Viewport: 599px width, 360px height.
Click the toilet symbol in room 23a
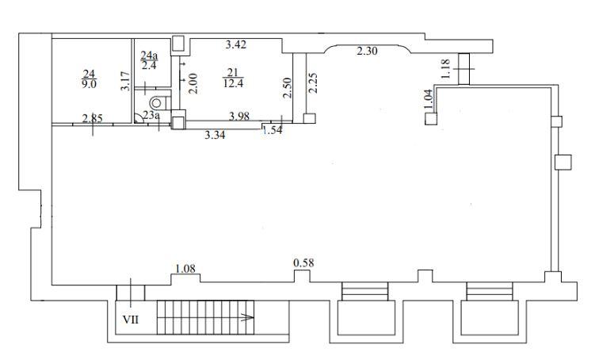(x=159, y=102)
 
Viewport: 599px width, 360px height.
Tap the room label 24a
(x=149, y=56)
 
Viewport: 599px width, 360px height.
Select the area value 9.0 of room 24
(x=89, y=83)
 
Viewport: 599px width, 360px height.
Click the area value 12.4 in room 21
(x=233, y=83)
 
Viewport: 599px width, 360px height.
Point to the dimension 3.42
(x=235, y=44)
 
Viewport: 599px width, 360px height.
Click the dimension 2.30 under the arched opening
(x=367, y=51)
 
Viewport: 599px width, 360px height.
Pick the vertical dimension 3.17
(x=125, y=82)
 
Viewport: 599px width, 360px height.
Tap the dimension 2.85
(x=93, y=118)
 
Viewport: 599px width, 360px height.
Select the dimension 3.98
(x=239, y=116)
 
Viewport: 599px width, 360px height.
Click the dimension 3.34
(x=215, y=135)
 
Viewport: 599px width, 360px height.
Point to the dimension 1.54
(x=273, y=130)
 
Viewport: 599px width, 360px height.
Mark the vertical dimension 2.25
(x=313, y=83)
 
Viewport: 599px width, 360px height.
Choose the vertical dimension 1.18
(x=446, y=69)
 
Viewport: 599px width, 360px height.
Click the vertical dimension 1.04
(x=428, y=99)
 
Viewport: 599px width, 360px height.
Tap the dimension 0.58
(x=303, y=263)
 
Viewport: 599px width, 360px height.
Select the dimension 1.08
(x=185, y=269)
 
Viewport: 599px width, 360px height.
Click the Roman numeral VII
(x=131, y=320)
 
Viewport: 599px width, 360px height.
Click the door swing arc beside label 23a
(x=139, y=118)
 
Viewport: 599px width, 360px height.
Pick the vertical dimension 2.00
(x=193, y=84)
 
